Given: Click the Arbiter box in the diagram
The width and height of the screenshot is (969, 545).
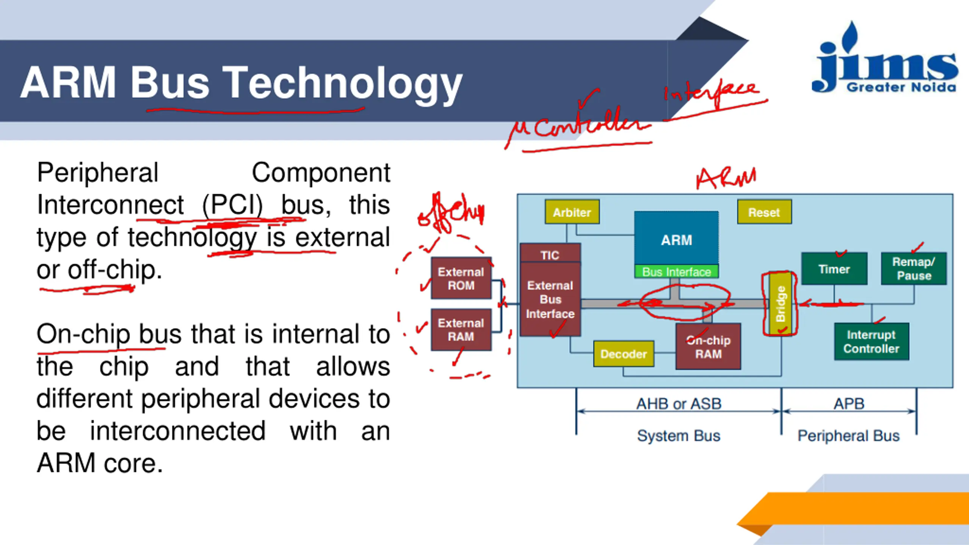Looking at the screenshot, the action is (572, 212).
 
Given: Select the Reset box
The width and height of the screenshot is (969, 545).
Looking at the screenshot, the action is (764, 212).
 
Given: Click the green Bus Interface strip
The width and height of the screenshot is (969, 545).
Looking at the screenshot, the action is (676, 272).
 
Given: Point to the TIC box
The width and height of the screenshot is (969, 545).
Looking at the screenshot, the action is (550, 254).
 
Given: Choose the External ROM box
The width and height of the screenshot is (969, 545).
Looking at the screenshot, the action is (461, 278).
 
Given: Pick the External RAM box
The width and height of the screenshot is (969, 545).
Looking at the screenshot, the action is (461, 330).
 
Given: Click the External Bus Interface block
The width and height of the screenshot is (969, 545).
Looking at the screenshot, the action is (550, 299).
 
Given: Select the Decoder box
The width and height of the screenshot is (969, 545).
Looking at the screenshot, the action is (623, 354).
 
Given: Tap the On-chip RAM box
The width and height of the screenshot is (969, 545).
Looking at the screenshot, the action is (708, 347).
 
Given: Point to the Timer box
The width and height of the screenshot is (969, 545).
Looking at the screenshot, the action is (834, 269).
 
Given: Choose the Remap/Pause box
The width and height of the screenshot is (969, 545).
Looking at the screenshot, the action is (914, 268).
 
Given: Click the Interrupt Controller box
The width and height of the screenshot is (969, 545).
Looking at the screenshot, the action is (871, 341).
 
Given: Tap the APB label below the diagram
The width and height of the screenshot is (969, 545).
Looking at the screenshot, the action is (849, 403).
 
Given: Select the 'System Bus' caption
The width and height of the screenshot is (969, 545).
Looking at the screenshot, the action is (679, 436).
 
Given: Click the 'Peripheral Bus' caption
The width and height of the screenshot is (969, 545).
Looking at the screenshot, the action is (849, 436).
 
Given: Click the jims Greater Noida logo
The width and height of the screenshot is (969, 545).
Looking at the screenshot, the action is (885, 61).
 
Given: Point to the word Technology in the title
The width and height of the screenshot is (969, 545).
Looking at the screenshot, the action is (342, 83).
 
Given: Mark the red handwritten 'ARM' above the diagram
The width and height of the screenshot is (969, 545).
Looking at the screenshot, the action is (726, 178).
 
